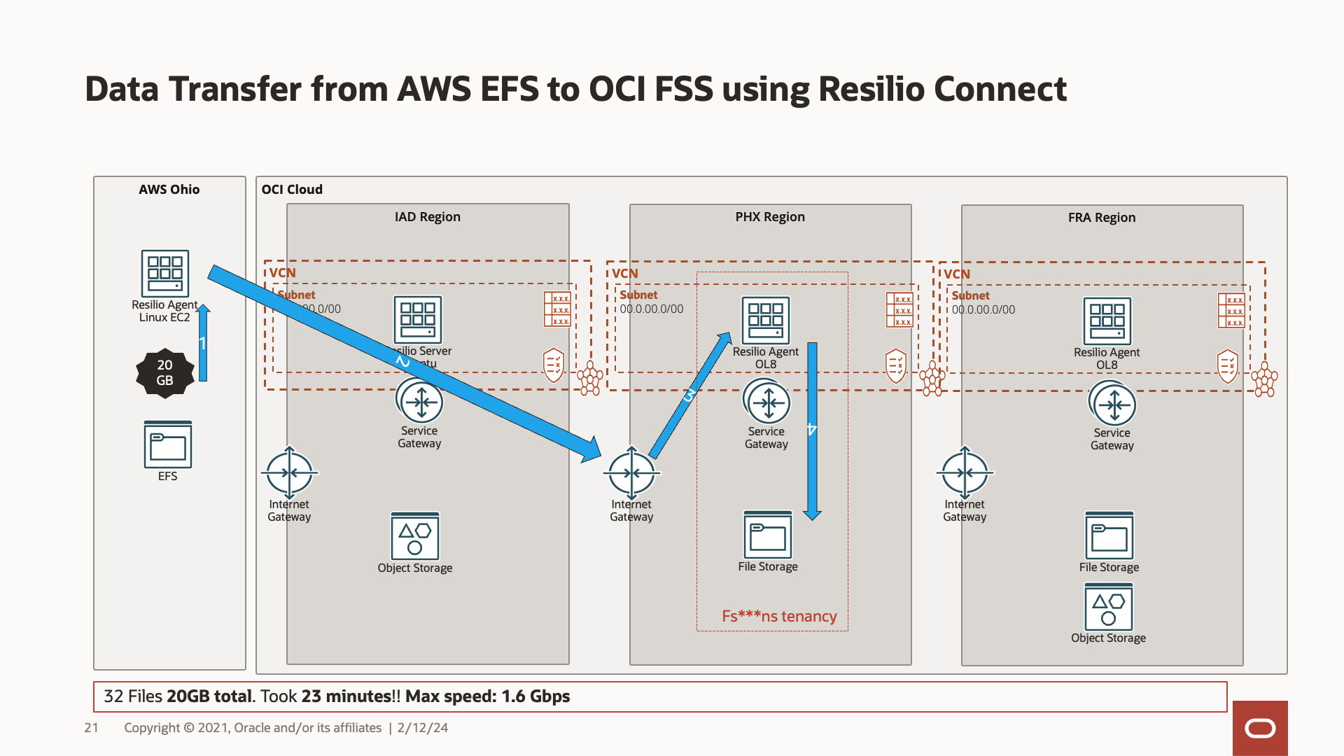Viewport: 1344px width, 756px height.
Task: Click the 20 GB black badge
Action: [164, 373]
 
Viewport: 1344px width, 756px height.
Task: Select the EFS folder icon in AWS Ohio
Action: [168, 444]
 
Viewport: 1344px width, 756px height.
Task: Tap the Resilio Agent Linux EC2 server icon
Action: [165, 273]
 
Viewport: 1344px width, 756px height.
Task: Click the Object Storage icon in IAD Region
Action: [415, 536]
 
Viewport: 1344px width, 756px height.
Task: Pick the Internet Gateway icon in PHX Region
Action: [631, 473]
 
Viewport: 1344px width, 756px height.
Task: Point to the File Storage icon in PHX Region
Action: [768, 535]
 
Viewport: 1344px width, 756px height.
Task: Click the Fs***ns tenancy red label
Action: [779, 616]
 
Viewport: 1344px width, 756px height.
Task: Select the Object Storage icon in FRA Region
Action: [1108, 608]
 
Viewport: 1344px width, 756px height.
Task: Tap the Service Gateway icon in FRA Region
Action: [1112, 405]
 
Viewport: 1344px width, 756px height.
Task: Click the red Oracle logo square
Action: [1260, 728]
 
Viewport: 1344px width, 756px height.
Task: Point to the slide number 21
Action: [91, 728]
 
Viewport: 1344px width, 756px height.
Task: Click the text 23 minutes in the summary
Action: [346, 696]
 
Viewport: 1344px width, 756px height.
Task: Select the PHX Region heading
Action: [770, 217]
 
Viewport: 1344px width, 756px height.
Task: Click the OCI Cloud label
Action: [292, 190]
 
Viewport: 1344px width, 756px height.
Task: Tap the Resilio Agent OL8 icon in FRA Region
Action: [1107, 321]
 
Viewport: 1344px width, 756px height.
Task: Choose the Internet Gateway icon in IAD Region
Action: [289, 473]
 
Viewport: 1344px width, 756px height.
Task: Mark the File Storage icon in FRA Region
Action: [1109, 536]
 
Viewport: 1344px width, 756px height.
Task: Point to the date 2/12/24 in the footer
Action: [423, 728]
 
